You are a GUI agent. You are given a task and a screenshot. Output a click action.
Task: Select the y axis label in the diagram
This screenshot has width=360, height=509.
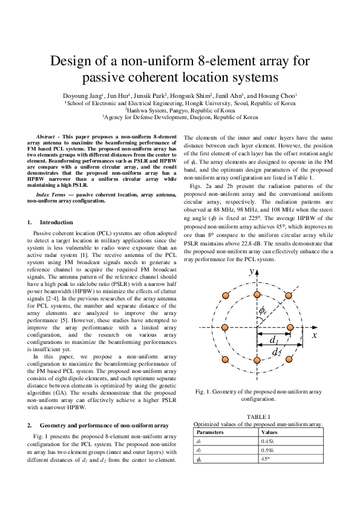[x=251, y=272]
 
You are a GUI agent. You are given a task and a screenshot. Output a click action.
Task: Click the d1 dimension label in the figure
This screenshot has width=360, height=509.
[x=274, y=340]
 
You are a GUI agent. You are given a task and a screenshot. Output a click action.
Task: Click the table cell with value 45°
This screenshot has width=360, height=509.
[x=267, y=459]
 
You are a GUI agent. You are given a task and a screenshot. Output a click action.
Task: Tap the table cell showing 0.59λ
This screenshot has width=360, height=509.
[x=268, y=450]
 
